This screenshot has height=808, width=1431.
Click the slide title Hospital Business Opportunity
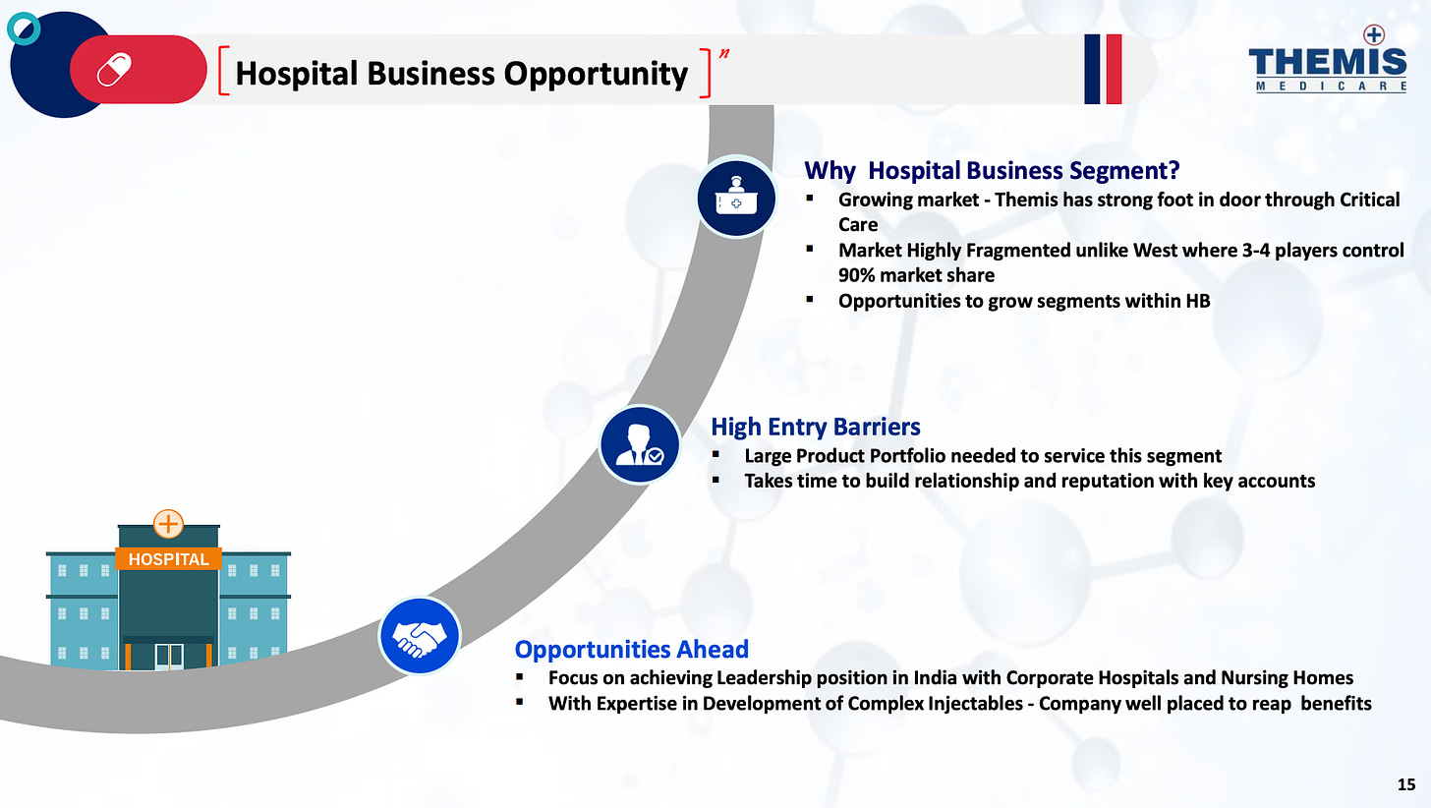[x=462, y=73]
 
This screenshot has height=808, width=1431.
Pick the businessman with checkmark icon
[x=639, y=445]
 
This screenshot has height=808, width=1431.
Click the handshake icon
[x=420, y=636]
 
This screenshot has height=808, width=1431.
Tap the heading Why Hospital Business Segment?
[x=992, y=170]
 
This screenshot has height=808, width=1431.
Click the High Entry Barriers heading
[x=816, y=427]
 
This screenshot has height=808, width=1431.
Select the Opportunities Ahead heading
[x=632, y=649]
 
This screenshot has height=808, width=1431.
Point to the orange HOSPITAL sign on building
[x=169, y=559]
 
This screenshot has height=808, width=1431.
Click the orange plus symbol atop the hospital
[x=169, y=524]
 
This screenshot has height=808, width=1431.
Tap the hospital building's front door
[x=169, y=657]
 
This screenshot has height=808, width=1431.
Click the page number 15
[x=1406, y=783]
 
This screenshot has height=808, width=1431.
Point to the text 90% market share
[x=916, y=275]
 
